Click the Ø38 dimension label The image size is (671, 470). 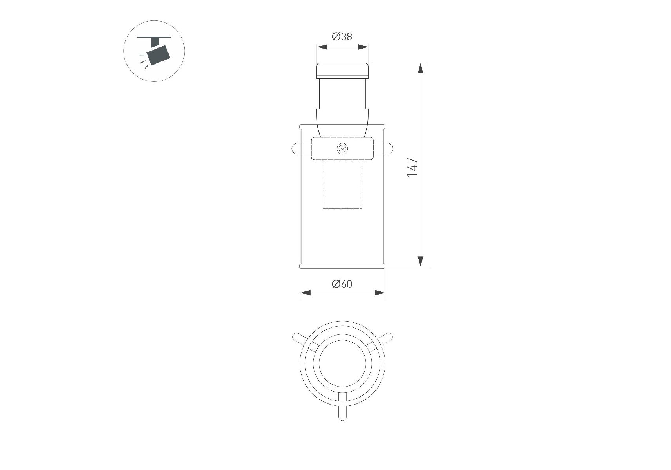tap(342, 37)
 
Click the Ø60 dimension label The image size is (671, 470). tap(342, 284)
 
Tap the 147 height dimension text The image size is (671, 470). tap(412, 167)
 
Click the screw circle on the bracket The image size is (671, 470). tap(342, 149)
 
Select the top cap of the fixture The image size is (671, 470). tap(342, 70)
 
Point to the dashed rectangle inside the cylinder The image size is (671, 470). tap(342, 184)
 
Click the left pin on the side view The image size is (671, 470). tap(302, 149)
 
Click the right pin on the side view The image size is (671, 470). tap(383, 149)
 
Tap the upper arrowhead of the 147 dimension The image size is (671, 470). tap(421, 68)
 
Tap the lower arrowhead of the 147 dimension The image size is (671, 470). tap(421, 261)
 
